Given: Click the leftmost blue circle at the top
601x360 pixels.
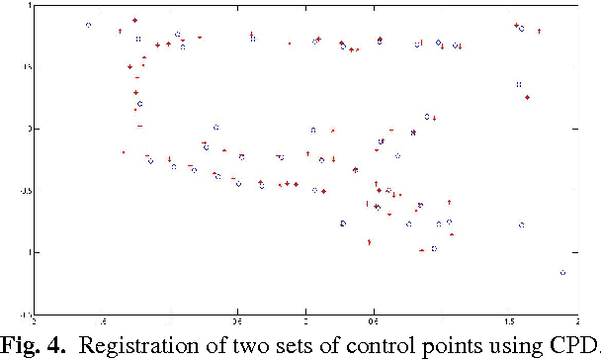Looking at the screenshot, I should coord(89,25).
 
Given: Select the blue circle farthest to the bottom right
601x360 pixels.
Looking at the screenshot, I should coord(562,272).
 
